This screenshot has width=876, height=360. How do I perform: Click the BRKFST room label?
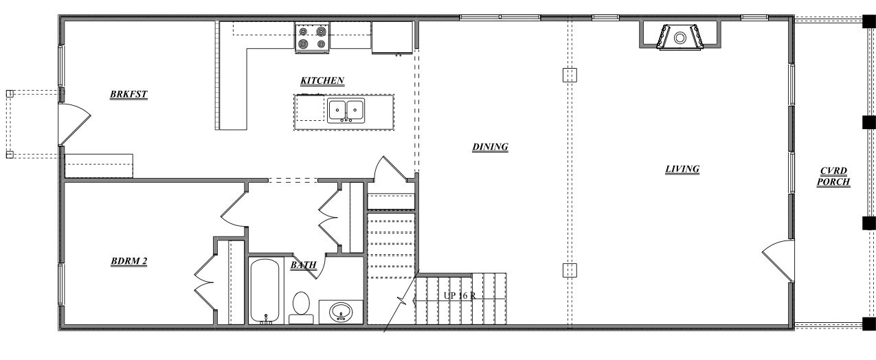[128, 95]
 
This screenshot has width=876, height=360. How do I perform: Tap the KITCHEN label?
[322, 81]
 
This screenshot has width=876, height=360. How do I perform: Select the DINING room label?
[490, 146]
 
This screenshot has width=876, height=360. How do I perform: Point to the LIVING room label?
[682, 169]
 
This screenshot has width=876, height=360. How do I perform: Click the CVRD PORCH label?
[835, 177]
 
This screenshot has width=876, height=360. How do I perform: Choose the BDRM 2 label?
[129, 261]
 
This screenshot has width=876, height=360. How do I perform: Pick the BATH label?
[303, 265]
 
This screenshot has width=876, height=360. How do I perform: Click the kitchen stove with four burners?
[312, 38]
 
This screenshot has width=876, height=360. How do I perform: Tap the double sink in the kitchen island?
[346, 111]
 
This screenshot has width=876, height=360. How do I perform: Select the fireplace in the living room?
[680, 37]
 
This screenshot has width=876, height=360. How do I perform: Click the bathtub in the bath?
[265, 290]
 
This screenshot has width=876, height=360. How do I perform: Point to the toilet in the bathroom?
[301, 306]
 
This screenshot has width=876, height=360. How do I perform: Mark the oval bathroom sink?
[341, 313]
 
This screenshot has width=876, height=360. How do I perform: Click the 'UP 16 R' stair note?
[460, 295]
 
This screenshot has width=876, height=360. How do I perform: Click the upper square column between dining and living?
[569, 75]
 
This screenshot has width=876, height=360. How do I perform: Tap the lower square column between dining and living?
[569, 270]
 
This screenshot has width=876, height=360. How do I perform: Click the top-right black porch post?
[869, 21]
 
